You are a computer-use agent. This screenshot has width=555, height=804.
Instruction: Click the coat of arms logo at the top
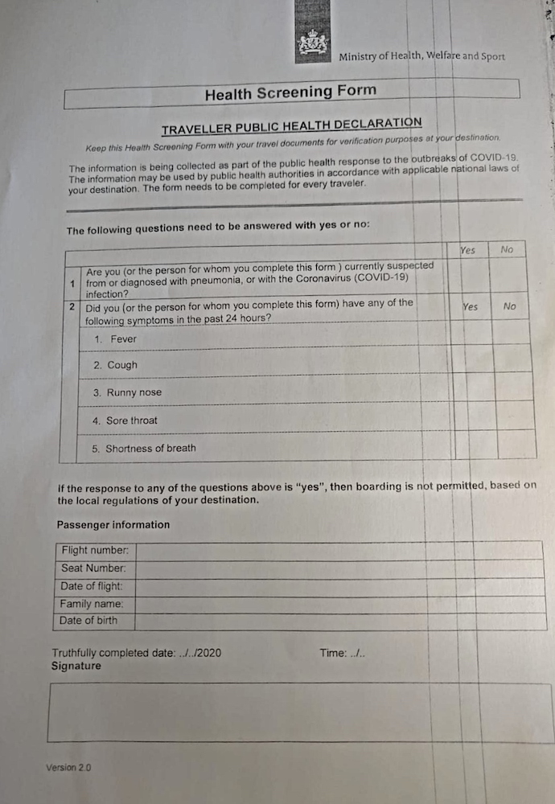pos(313,42)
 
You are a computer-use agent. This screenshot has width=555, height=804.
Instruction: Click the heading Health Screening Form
pos(290,92)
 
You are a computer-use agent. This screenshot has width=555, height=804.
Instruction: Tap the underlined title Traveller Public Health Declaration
pos(291,126)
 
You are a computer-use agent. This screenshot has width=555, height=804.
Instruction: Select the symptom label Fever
pos(123,339)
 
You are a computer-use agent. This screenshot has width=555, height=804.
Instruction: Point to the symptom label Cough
pos(122,365)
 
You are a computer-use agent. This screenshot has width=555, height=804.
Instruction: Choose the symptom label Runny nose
pos(134,393)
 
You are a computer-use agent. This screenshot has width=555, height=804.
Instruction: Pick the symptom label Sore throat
pos(132,420)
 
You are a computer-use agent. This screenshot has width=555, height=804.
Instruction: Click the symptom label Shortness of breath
pos(150,449)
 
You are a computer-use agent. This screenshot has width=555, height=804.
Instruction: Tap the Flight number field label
pos(95,551)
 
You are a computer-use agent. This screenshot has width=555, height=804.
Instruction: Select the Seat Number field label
pos(94,568)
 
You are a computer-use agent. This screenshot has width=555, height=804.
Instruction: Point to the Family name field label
pos(92,604)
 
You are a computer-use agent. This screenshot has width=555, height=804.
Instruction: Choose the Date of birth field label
pos(88,621)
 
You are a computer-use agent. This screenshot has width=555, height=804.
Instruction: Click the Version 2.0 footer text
pos(68,768)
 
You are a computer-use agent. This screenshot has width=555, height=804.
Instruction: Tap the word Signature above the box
pos(76,667)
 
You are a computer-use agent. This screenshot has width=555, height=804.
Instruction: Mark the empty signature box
pos(298,712)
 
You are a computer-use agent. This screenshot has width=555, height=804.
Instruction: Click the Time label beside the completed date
pos(332,653)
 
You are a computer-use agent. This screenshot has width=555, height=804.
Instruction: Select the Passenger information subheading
pos(113,525)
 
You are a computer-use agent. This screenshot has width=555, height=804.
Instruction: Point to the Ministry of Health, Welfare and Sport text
pos(421,57)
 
